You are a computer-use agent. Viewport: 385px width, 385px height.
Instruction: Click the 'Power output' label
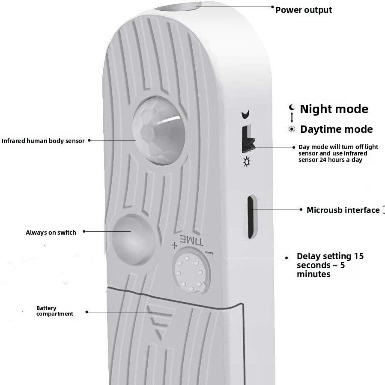click(304, 10)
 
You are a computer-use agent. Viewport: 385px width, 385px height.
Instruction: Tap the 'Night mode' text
click(334, 109)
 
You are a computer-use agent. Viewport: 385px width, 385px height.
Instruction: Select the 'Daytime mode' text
click(336, 129)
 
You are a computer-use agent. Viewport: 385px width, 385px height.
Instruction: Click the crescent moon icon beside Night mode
click(292, 107)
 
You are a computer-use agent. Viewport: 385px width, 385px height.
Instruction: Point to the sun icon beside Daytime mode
click(292, 129)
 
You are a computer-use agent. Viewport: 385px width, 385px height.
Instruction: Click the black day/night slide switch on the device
click(248, 139)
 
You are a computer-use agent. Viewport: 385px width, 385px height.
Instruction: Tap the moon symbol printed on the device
click(245, 114)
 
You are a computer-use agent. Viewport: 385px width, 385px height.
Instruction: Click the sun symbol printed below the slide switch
click(247, 162)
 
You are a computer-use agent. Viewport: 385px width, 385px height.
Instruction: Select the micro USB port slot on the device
click(251, 217)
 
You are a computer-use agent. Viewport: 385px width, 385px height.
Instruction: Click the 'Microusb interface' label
click(343, 210)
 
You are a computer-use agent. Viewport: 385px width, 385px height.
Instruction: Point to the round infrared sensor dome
click(158, 131)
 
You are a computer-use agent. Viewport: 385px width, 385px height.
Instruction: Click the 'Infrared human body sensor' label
click(43, 141)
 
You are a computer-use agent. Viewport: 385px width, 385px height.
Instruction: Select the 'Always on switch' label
click(51, 233)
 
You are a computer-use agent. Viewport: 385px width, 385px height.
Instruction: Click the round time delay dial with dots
click(191, 271)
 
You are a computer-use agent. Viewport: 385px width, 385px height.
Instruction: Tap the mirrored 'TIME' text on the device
click(191, 241)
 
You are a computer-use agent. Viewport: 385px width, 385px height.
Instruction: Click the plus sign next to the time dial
click(174, 245)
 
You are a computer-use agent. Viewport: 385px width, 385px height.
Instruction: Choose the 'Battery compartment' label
click(54, 311)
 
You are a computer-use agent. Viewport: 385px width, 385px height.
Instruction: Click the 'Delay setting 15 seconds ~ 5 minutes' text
click(330, 265)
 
